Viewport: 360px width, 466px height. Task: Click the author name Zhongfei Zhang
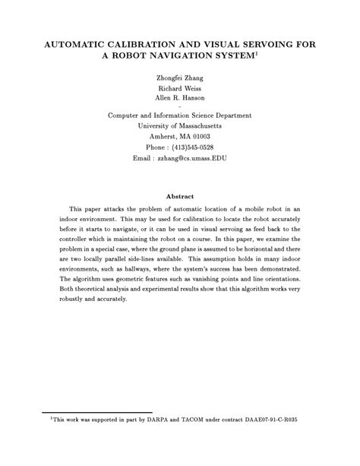pos(179,78)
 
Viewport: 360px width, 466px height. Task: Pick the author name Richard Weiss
pos(179,88)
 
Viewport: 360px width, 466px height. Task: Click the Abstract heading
pos(180,195)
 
